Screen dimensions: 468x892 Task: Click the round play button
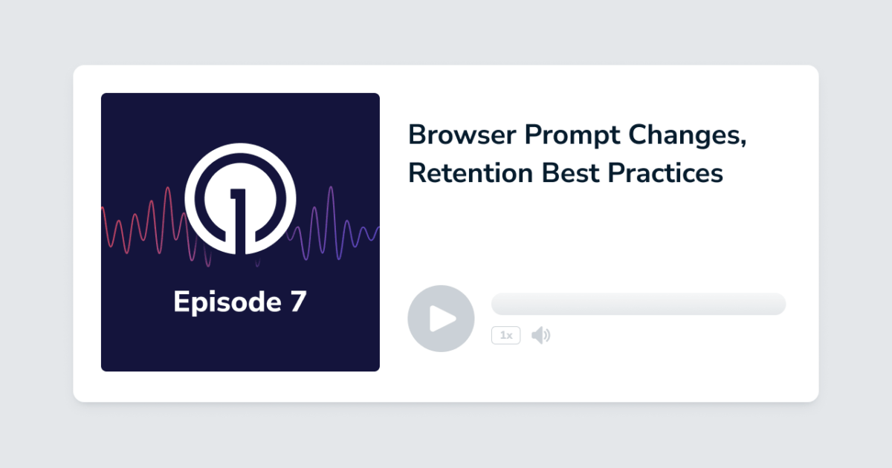[441, 319]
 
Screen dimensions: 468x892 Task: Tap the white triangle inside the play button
[443, 319]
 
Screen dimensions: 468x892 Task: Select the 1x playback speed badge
[505, 336]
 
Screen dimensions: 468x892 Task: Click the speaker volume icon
[540, 336]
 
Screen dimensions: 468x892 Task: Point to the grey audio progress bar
[638, 304]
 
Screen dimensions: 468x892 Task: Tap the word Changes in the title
[683, 135]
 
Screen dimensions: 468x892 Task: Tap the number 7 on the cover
[297, 302]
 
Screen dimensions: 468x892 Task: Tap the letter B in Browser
[417, 135]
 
